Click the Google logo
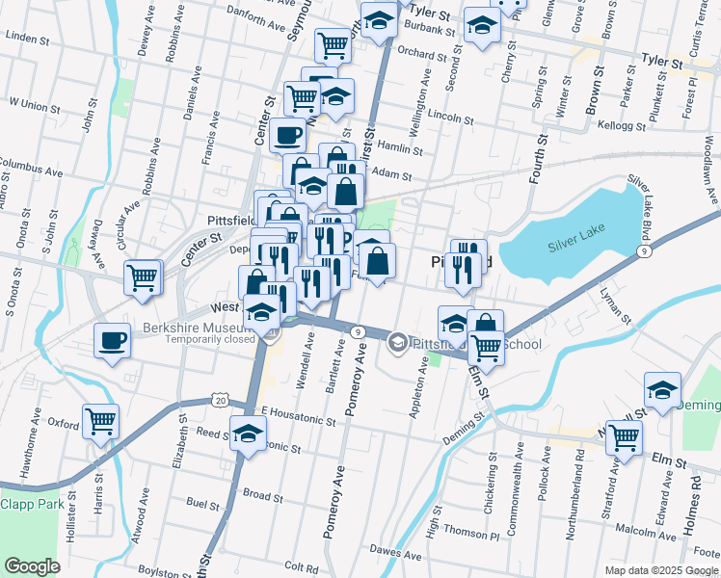click(x=32, y=566)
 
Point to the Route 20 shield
click(x=220, y=399)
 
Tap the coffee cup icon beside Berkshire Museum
click(x=113, y=340)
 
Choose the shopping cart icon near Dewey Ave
click(x=142, y=277)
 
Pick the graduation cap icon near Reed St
click(x=248, y=433)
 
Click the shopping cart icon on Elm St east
click(x=626, y=436)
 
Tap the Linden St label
click(x=27, y=37)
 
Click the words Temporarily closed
click(x=209, y=338)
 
